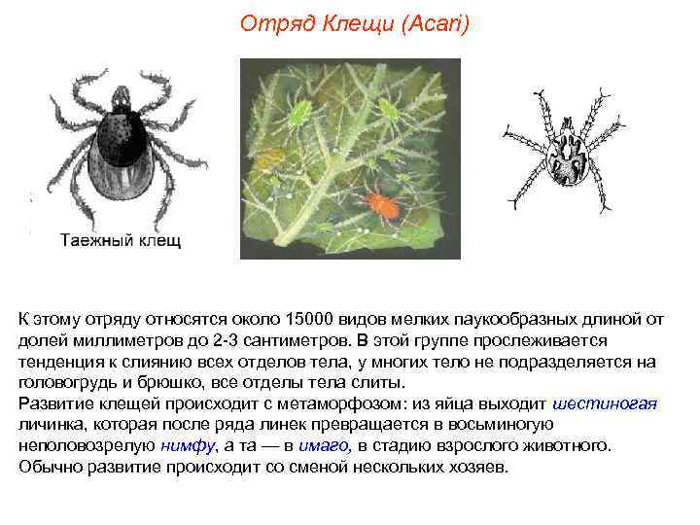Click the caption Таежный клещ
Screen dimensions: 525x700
[x=121, y=239]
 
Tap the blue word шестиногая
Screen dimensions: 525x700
[x=605, y=404]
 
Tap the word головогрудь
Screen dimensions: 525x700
[x=65, y=383]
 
